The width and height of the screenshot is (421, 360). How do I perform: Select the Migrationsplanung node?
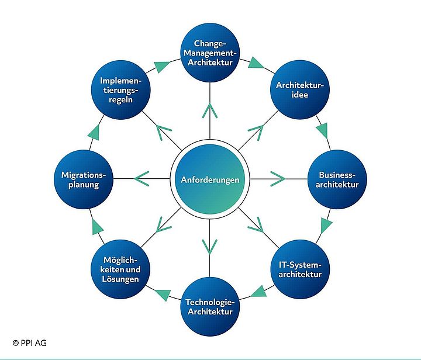click(82, 179)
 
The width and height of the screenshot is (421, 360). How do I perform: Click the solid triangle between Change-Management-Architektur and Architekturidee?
click(255, 62)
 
